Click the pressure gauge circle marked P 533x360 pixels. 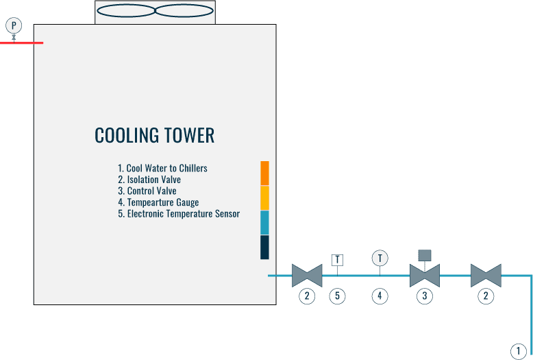tap(14, 25)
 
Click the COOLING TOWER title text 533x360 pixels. tap(154, 136)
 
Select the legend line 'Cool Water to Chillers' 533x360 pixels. tap(162, 168)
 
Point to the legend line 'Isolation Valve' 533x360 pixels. tap(149, 180)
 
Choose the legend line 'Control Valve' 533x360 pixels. tap(147, 191)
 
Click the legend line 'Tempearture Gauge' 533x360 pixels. tap(158, 202)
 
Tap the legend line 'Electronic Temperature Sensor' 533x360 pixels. tap(179, 214)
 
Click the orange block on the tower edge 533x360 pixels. tap(264, 173)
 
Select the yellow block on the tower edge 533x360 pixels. tap(264, 197)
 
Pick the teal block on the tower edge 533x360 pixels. tap(264, 222)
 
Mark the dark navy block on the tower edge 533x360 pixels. tap(264, 247)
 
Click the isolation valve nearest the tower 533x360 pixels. tap(307, 276)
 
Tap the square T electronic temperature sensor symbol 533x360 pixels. tap(338, 260)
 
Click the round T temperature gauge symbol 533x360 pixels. tap(380, 258)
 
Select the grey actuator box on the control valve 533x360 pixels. tap(425, 256)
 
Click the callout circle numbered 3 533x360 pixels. tap(425, 296)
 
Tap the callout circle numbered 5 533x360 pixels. tap(338, 296)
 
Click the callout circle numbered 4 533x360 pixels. tap(380, 296)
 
